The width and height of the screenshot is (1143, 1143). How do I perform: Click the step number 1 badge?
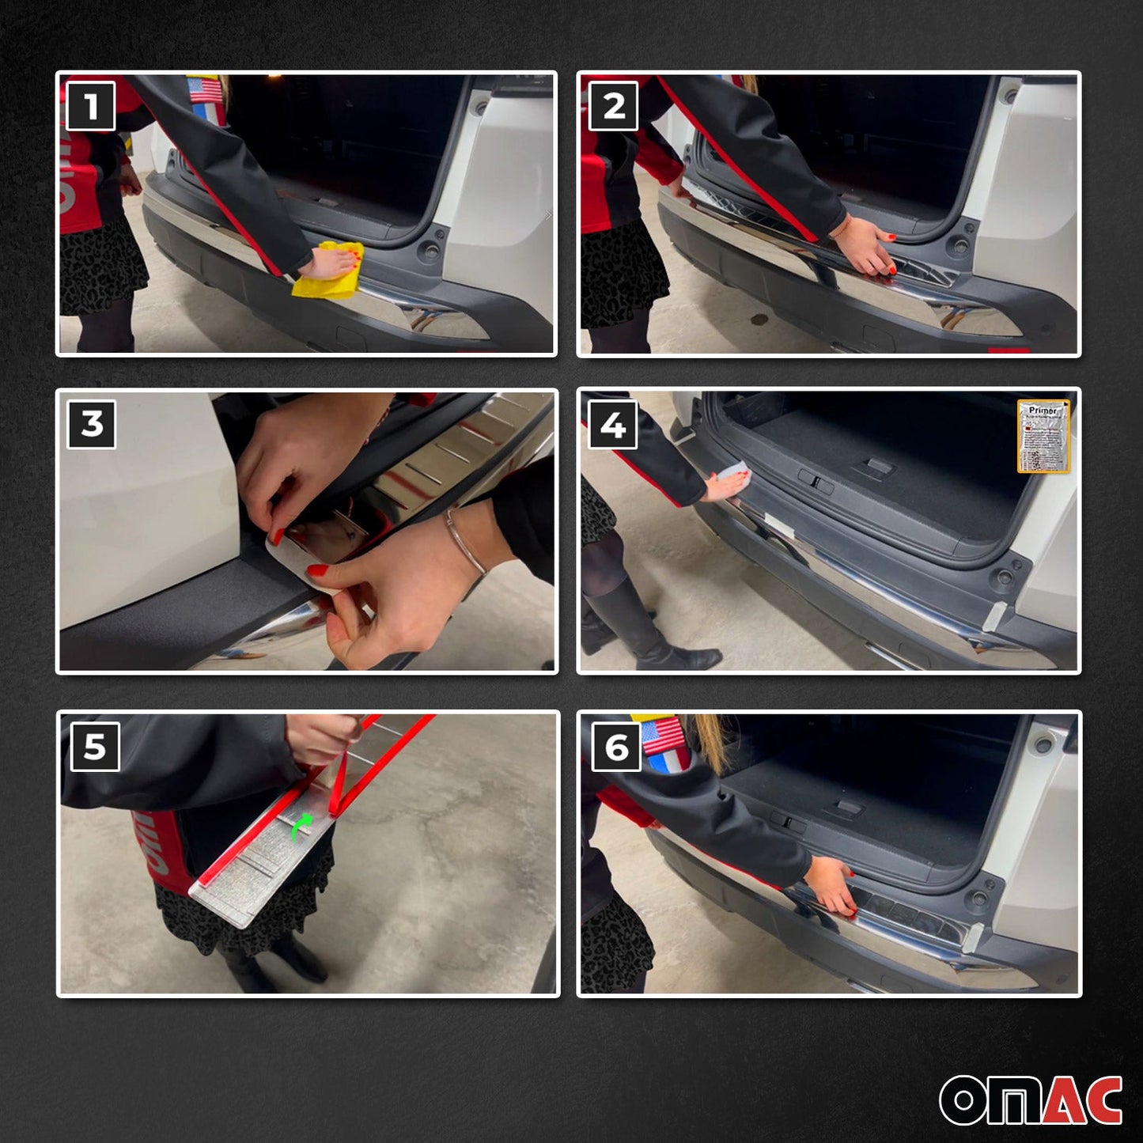pyautogui.click(x=91, y=106)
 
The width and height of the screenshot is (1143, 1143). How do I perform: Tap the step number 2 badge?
pyautogui.click(x=613, y=106)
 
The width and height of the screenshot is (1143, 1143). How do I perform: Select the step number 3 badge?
pyautogui.click(x=92, y=424)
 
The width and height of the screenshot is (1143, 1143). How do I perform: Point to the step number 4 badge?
pyautogui.click(x=613, y=425)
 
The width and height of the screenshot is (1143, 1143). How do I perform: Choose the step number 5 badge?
pyautogui.click(x=94, y=746)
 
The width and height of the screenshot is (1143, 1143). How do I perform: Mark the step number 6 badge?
pyautogui.click(x=616, y=747)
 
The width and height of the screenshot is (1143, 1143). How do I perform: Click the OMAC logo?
pyautogui.click(x=1031, y=1099)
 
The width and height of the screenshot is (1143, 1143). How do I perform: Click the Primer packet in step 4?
pyautogui.click(x=1043, y=436)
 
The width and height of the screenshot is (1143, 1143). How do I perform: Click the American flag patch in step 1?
pyautogui.click(x=205, y=90)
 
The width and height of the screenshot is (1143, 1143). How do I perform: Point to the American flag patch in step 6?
pyautogui.click(x=663, y=736)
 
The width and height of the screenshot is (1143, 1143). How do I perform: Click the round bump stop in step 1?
pyautogui.click(x=432, y=252)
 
